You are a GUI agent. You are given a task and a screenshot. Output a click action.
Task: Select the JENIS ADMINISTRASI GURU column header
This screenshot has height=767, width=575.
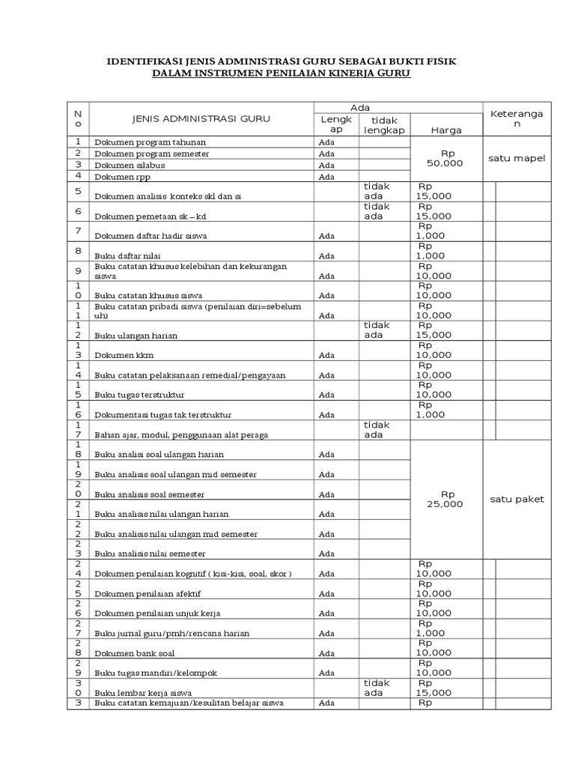tap(201, 118)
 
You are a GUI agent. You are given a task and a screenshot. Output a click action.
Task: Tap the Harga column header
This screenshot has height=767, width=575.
tap(446, 130)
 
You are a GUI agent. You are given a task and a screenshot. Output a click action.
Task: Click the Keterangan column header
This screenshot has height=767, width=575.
tap(517, 118)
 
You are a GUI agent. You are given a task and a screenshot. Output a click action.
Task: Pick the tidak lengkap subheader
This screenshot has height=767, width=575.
tap(384, 124)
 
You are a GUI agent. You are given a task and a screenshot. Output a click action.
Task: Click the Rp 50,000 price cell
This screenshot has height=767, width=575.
tap(445, 158)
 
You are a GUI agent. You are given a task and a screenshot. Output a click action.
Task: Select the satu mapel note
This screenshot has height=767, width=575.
tap(517, 158)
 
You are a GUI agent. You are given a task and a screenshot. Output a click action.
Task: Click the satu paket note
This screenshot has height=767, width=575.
tap(517, 499)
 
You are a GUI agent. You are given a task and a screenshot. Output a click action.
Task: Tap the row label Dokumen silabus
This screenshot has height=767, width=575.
tap(130, 165)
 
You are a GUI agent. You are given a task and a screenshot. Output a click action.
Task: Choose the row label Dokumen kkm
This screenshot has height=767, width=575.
tap(124, 355)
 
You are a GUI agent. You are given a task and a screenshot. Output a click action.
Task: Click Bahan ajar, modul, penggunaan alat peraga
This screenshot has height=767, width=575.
tap(181, 434)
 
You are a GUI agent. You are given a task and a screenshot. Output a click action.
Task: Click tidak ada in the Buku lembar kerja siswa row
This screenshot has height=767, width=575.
tap(377, 688)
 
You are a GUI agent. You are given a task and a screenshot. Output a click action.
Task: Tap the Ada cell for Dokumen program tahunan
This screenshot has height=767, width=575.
tap(326, 142)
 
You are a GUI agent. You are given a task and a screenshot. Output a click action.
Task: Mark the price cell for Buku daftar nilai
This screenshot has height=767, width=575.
tap(431, 250)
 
